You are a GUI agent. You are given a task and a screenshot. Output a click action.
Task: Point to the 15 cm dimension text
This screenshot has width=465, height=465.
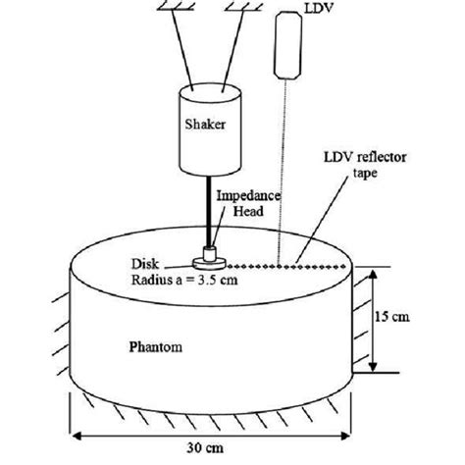click(x=401, y=318)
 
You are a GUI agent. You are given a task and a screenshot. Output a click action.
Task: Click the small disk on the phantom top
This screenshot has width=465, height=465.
click(x=208, y=261)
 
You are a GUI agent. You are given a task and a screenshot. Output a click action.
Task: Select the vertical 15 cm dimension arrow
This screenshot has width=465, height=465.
click(x=372, y=318)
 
